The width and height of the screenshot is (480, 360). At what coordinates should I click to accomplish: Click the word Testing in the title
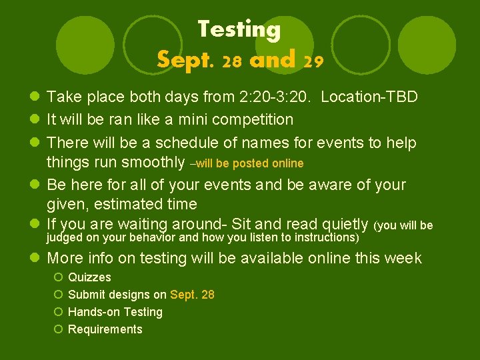coord(239,29)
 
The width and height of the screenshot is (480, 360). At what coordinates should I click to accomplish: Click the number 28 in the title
coord(232,62)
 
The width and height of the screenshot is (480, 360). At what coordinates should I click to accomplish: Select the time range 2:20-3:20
coord(276,97)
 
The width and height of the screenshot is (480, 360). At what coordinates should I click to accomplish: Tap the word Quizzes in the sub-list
coord(89,277)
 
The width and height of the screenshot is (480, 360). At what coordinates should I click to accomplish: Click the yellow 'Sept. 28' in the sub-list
coord(192,295)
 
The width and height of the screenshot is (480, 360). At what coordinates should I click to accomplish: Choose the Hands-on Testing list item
coord(115,312)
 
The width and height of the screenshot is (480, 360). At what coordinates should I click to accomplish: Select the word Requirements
coord(105,329)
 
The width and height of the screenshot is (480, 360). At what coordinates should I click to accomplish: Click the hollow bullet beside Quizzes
coord(59,277)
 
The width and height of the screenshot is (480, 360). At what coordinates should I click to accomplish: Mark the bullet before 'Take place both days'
coord(35,97)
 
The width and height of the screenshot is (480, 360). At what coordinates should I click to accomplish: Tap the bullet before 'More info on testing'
coord(35,259)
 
